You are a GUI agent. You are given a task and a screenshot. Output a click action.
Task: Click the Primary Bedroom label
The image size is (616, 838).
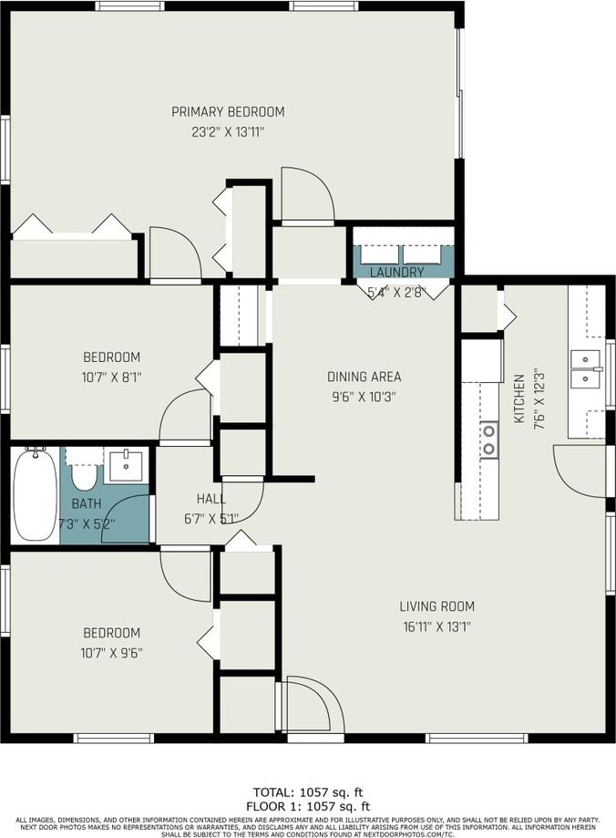[x=228, y=112]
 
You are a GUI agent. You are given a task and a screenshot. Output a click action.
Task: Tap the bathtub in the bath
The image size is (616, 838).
[x=35, y=496]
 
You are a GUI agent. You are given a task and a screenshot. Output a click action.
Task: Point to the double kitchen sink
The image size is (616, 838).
[x=585, y=369]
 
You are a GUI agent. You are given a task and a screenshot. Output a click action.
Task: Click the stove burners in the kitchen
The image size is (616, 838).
[x=489, y=439]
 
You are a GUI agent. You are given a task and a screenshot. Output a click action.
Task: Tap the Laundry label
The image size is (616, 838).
[x=396, y=272]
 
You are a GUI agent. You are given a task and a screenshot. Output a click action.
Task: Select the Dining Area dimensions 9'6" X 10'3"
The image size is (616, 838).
[x=364, y=397]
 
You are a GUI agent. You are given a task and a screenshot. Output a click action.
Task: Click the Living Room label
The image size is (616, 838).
[x=436, y=606]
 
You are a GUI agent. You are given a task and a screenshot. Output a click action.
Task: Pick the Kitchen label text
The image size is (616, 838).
[x=518, y=398]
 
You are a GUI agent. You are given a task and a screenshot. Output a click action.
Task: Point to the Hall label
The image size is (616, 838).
[x=211, y=499]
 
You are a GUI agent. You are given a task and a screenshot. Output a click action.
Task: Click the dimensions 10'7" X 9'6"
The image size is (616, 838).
[x=112, y=653]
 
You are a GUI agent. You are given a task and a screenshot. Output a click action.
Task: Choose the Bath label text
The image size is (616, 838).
[x=87, y=504]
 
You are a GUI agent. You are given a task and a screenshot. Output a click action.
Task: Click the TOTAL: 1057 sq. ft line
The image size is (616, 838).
[x=308, y=792]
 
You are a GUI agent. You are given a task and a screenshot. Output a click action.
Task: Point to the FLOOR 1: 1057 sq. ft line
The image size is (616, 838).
[x=308, y=806]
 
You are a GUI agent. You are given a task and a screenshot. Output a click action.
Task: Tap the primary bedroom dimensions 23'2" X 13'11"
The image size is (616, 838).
[x=228, y=132]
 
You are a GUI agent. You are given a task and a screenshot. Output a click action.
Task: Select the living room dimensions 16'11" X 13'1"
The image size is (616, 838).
[x=436, y=626]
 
